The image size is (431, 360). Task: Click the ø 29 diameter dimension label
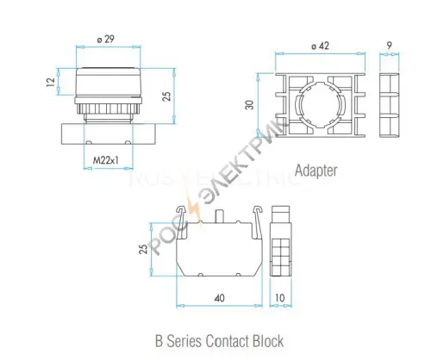(x=106, y=39)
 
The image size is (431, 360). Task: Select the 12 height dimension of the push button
(x=51, y=82)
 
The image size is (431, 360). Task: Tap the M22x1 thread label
(x=105, y=160)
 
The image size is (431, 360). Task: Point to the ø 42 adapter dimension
(x=320, y=46)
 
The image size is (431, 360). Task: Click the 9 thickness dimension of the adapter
(x=390, y=46)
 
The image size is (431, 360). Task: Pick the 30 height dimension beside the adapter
(x=249, y=105)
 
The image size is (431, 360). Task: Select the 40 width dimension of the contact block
(x=219, y=298)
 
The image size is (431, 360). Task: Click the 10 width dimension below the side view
(x=280, y=298)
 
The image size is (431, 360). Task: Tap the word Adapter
(x=315, y=171)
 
